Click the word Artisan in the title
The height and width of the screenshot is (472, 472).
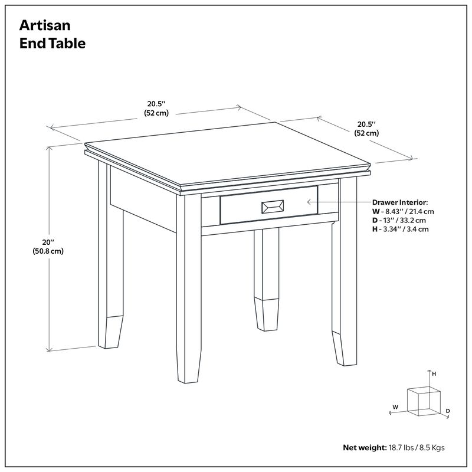[x=45, y=25]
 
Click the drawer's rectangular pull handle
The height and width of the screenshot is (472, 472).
[x=273, y=207]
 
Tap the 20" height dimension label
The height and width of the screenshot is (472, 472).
[x=48, y=242]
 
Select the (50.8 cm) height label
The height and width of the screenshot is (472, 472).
[x=48, y=251]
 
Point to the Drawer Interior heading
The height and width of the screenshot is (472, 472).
[x=400, y=202]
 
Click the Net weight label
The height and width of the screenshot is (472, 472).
[x=365, y=448]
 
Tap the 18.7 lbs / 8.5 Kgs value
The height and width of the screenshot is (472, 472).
[x=417, y=448]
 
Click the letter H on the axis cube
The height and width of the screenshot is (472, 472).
[x=434, y=374]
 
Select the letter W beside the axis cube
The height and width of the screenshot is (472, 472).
[x=395, y=407]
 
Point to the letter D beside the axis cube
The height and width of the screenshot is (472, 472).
[x=448, y=411]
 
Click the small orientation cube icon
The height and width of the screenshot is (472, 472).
[x=424, y=402]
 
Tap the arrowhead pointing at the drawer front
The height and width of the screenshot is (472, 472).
[x=309, y=202]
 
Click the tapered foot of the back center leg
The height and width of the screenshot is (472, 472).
[x=267, y=314]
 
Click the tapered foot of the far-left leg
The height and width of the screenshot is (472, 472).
[x=111, y=332]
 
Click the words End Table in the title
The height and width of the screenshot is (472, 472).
[x=53, y=43]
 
